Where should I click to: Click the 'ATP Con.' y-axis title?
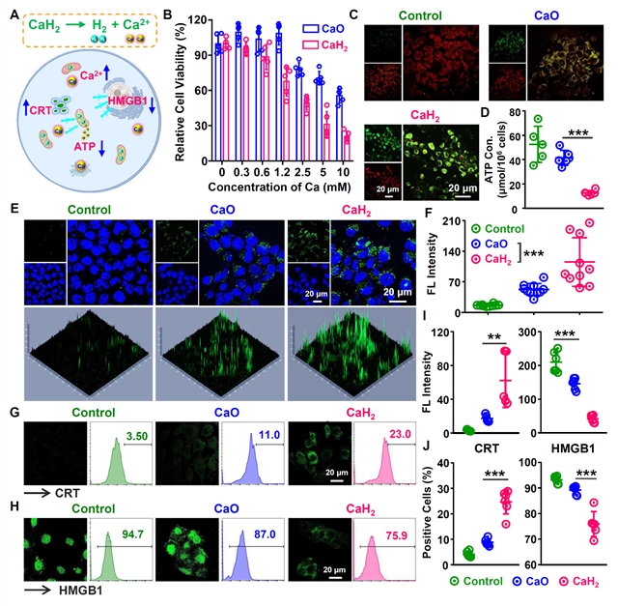(x=501, y=150)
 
